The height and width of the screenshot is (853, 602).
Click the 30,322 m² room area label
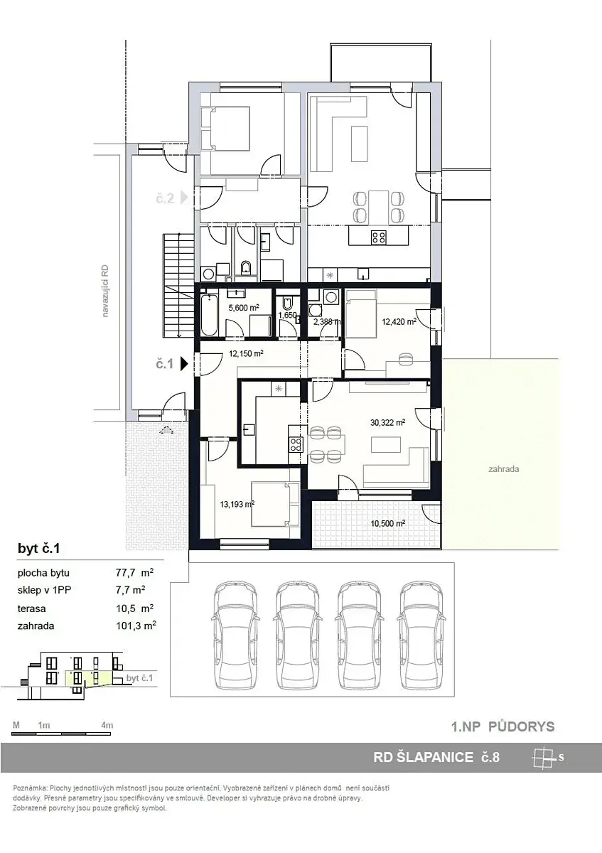[387, 422]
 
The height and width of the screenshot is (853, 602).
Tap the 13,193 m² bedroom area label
[237, 504]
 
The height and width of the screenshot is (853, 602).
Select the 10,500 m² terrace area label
[387, 524]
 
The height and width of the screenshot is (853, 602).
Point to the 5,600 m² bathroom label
[244, 308]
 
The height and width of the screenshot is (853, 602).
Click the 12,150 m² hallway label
[246, 353]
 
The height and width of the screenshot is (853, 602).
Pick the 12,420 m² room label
[399, 322]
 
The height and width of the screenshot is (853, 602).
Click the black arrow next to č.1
[184, 364]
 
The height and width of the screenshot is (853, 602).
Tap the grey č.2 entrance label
[165, 198]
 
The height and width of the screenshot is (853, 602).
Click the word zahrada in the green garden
[504, 468]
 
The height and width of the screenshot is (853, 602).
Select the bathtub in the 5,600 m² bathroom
[210, 313]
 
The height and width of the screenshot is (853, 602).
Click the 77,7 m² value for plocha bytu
[135, 572]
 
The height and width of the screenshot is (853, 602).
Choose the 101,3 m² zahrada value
[136, 626]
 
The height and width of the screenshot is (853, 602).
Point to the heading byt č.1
[39, 549]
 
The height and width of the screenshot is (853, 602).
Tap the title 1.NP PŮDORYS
[502, 726]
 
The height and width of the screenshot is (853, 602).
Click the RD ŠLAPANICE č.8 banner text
[436, 757]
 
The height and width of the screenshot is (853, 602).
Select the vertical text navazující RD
[105, 291]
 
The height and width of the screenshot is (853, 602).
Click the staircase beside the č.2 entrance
[178, 286]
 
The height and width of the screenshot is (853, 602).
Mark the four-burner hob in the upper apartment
[379, 237]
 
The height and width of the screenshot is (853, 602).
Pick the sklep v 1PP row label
[44, 590]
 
